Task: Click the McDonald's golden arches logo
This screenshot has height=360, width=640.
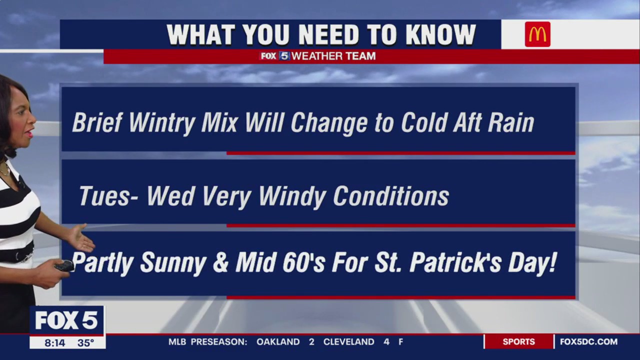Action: coord(537,34)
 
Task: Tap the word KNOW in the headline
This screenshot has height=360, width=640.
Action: coord(440,34)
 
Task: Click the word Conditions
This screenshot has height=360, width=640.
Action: coord(390,196)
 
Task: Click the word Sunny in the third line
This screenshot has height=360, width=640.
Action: coord(173,263)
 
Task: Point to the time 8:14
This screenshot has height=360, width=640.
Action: coord(55,343)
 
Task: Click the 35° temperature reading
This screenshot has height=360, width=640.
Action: coord(86,343)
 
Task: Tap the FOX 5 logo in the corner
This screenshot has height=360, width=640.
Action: coord(66,320)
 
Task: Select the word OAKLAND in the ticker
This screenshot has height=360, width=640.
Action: coord(278,342)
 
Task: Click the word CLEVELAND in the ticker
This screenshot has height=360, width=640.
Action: coord(348,342)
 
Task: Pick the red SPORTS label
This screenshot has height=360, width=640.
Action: coord(518,342)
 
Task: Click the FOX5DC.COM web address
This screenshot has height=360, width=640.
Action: coord(588,342)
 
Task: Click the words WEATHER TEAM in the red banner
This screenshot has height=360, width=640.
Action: coord(333,56)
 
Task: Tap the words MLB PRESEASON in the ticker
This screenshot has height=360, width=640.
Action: coord(207,342)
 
